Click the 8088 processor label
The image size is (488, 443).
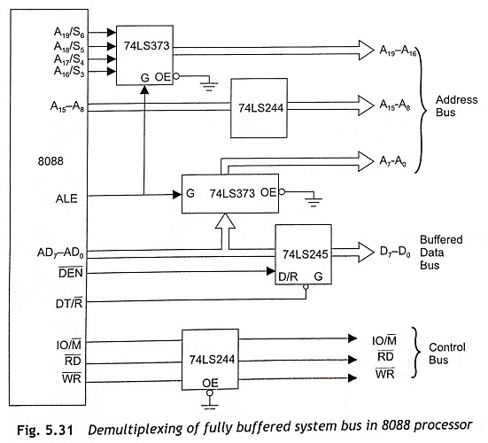[x=50, y=161]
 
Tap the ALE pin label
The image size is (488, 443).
[x=66, y=198]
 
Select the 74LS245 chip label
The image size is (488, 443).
[x=305, y=254]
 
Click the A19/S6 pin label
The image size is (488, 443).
[x=69, y=33]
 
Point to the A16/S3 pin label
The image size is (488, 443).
[x=69, y=71]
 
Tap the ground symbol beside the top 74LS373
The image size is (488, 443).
[x=208, y=85]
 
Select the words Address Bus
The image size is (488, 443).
[x=456, y=105]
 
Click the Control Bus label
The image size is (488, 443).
[x=447, y=354]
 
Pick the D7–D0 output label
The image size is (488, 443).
[x=395, y=252]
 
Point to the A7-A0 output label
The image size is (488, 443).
[x=392, y=161]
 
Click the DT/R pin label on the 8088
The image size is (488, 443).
[x=69, y=303]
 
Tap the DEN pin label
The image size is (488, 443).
[x=71, y=273]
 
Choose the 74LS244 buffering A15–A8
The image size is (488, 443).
[x=259, y=108]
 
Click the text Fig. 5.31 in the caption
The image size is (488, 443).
[x=45, y=430]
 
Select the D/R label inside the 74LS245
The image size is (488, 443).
[x=288, y=276]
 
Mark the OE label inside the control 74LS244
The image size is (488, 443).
[x=210, y=383]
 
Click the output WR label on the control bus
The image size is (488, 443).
[x=385, y=373]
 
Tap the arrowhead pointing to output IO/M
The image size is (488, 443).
[x=352, y=338]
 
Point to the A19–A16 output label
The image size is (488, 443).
[x=398, y=51]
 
